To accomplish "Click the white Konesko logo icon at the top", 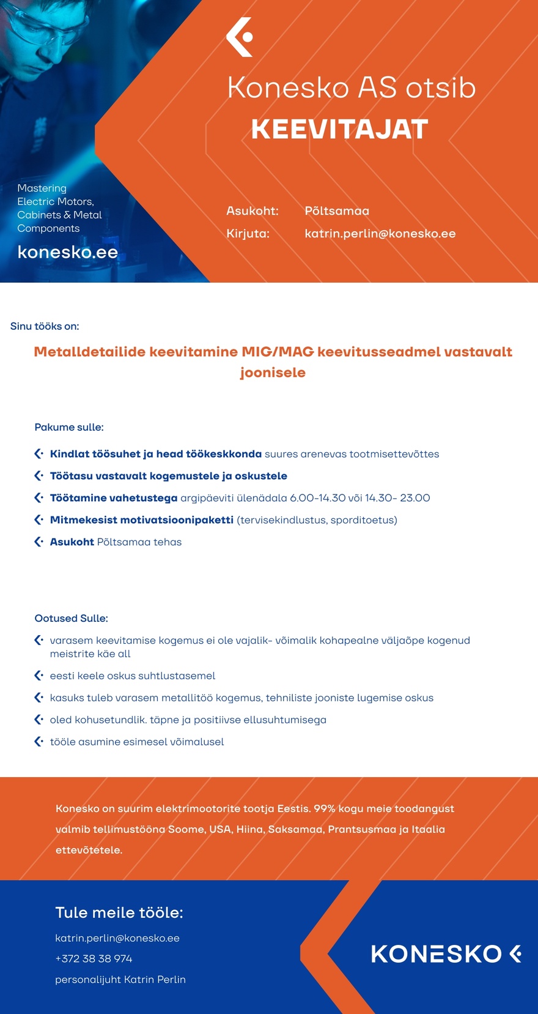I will pos(240,37).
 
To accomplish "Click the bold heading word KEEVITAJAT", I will pos(339,129).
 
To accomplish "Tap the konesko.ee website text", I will pos(67,252).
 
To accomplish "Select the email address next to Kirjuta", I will pos(380,234).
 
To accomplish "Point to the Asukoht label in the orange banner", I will pos(252,211).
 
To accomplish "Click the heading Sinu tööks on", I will pos(45,326).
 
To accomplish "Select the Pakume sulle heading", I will pos(69,427).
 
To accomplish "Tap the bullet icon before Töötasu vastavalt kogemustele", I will pos(39,475).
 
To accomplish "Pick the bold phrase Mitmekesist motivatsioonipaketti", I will pos(142,520).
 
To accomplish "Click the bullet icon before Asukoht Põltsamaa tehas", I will pos(39,542).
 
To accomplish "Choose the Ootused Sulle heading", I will pos(71,618).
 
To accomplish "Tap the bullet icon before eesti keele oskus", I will pos(39,676).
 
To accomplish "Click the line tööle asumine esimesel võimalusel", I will pos(137,742).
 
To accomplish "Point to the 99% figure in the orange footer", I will pos(325,808).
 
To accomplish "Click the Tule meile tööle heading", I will pos(119,912).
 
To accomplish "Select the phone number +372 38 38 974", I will pos(94,958).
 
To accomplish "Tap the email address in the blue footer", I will pos(117,938).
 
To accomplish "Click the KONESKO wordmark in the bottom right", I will pos(437,954).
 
